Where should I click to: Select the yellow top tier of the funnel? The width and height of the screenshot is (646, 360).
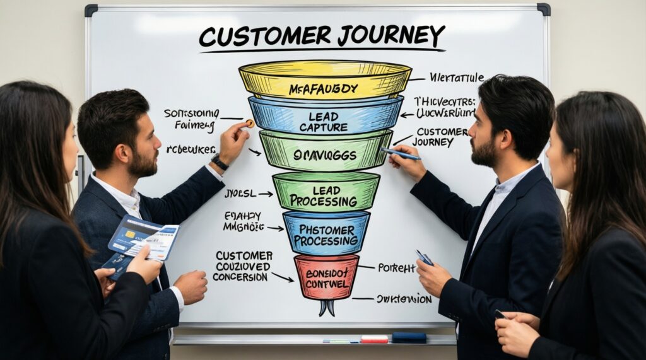point(325,81)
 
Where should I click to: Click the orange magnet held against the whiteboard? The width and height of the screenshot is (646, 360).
point(250,124)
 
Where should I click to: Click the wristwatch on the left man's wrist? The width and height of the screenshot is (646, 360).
point(220,162)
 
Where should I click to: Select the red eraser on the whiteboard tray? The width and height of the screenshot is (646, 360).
point(374,339)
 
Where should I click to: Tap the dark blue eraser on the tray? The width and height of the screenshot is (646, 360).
point(409,338)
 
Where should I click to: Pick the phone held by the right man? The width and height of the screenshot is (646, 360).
point(424,257)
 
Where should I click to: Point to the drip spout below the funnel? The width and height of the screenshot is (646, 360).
point(326,308)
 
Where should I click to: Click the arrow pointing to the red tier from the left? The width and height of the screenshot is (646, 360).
point(283,277)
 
